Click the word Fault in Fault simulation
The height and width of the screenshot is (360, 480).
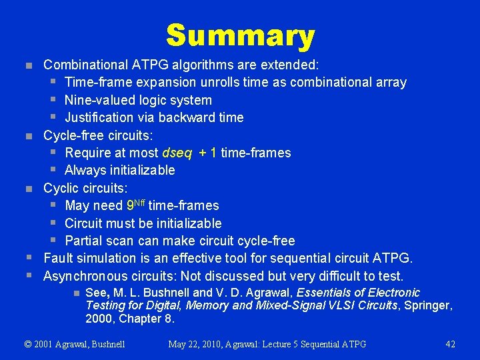pyautogui.click(x=58, y=258)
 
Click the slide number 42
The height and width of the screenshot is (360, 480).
pyautogui.click(x=450, y=344)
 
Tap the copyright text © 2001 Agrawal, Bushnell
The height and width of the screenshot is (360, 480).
pyautogui.click(x=75, y=344)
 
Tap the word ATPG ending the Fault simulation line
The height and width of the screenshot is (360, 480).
pyautogui.click(x=394, y=258)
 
